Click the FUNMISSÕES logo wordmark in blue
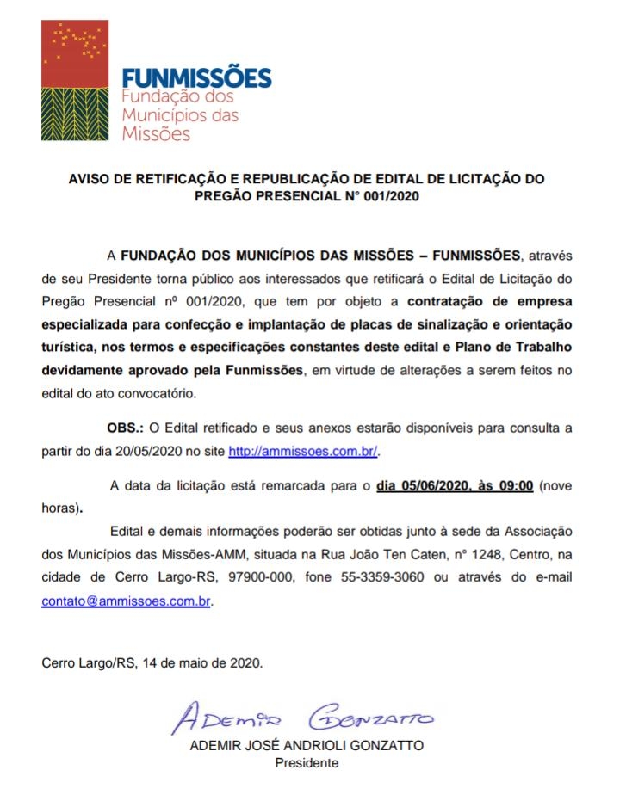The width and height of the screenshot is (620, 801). coord(196,78)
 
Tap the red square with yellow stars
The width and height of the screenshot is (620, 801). coord(75,53)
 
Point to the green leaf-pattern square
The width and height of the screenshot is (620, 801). coord(75,114)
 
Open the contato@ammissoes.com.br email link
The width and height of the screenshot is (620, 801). coord(126,601)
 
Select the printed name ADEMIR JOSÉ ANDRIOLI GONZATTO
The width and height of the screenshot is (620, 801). coord(307,746)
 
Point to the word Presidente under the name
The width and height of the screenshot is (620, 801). coord(307,762)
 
